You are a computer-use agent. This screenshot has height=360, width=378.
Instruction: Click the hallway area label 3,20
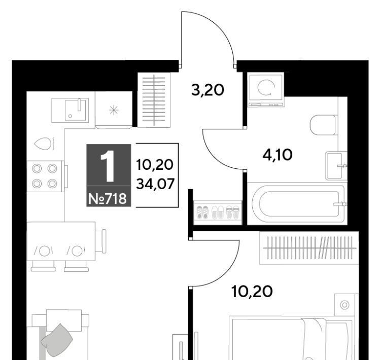[208, 90]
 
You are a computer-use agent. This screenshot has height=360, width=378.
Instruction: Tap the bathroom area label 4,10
[278, 155]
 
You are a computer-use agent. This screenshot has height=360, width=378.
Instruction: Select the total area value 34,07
[155, 184]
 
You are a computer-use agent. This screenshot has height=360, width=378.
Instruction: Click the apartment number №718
[108, 199]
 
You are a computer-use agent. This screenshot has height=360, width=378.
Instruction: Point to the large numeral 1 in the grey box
[108, 166]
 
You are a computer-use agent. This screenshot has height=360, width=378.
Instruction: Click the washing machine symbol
[266, 90]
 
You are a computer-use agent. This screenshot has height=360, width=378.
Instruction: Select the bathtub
[297, 204]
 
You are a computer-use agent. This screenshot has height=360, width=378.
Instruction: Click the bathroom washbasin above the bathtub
[336, 165]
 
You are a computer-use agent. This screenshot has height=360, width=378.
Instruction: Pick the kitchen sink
[70, 110]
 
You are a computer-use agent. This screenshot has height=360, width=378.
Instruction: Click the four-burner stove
[45, 176]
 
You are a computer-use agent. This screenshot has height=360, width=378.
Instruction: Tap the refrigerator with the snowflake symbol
[114, 110]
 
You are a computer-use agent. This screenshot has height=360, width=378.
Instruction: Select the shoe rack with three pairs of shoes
[218, 212]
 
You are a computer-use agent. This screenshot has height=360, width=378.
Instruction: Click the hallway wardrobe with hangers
[154, 100]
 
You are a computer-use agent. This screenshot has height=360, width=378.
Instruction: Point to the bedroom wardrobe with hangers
[309, 248]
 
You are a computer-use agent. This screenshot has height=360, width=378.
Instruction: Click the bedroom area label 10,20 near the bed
[252, 292]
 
